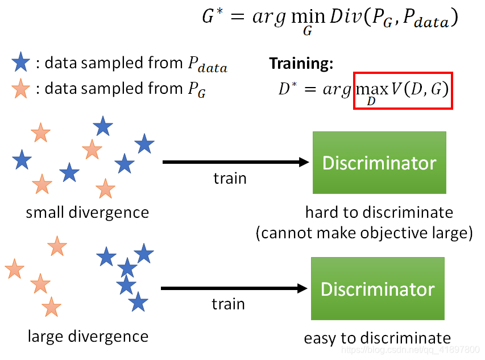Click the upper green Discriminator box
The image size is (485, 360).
point(379,163)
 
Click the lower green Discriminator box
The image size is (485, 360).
point(378,288)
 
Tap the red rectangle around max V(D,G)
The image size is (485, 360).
point(403,90)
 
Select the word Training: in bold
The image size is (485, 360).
point(301,64)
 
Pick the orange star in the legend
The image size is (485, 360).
point(21,89)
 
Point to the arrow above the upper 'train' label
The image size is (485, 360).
point(235,163)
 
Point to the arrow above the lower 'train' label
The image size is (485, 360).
point(234,288)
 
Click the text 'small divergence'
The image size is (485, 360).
point(87,213)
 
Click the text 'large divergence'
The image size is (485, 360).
point(88,336)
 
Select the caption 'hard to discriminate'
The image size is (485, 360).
point(379,213)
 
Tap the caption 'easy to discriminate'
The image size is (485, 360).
point(378,338)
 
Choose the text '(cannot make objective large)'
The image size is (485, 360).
point(364,233)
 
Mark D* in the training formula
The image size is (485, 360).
point(286,89)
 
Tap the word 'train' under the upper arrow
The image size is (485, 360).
point(230,179)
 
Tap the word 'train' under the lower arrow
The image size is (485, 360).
point(229,304)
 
